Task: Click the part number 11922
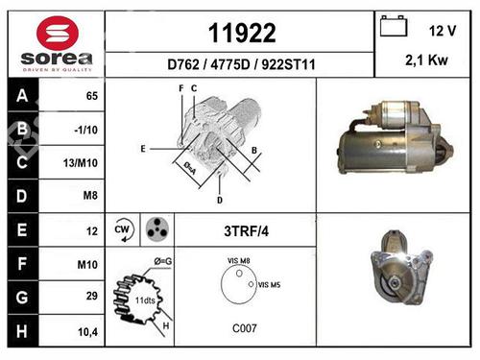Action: (x=242, y=33)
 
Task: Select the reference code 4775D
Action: (x=230, y=64)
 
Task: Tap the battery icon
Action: (x=394, y=26)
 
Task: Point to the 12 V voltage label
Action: (x=443, y=31)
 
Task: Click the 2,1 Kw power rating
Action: (x=426, y=60)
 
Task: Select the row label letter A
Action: (x=22, y=95)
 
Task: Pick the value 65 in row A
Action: (x=92, y=96)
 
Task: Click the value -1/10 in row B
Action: (x=85, y=130)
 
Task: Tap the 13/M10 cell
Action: (x=81, y=163)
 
